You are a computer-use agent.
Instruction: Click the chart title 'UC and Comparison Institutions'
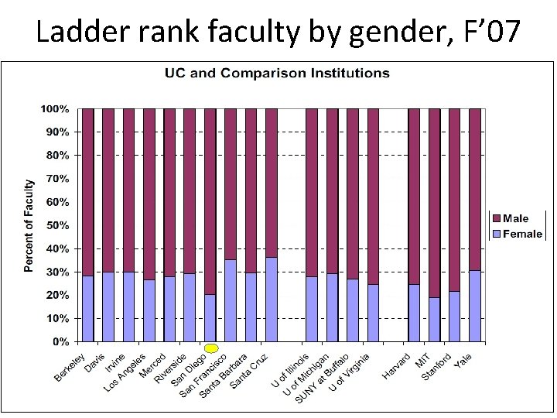click(x=277, y=74)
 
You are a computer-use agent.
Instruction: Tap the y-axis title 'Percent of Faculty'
click(x=29, y=225)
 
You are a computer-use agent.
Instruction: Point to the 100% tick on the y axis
click(x=55, y=109)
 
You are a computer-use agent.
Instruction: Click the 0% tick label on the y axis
click(x=60, y=341)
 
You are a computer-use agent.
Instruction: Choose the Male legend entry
click(x=515, y=219)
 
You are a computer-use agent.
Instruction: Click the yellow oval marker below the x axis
click(x=211, y=349)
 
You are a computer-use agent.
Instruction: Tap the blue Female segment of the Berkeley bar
click(x=87, y=308)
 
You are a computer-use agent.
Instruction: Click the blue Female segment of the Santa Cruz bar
click(x=271, y=300)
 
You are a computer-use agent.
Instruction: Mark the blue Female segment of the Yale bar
click(x=475, y=306)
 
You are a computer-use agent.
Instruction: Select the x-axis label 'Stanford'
click(x=437, y=366)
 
